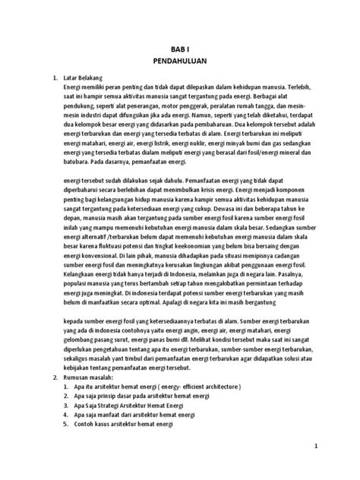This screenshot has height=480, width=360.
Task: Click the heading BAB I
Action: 179,49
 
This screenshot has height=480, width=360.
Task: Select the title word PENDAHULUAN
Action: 179,62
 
